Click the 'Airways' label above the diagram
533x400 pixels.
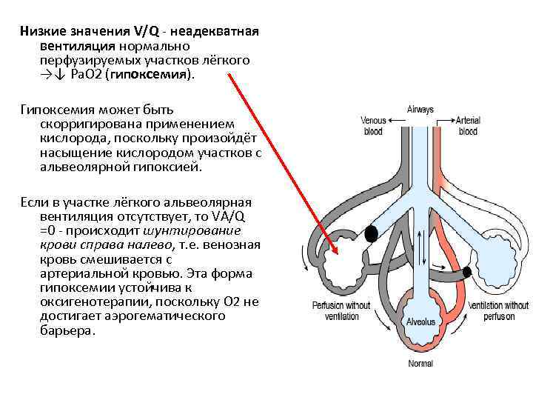[420, 110]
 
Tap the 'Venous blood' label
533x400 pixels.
[373, 126]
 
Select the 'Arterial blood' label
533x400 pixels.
[468, 126]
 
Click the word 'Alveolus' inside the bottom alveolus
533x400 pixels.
[420, 323]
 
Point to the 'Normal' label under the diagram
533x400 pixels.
[420, 364]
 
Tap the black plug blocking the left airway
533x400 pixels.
[372, 234]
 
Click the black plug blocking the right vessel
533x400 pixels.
[468, 273]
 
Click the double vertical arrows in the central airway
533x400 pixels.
[420, 248]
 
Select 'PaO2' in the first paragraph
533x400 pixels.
[93, 75]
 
